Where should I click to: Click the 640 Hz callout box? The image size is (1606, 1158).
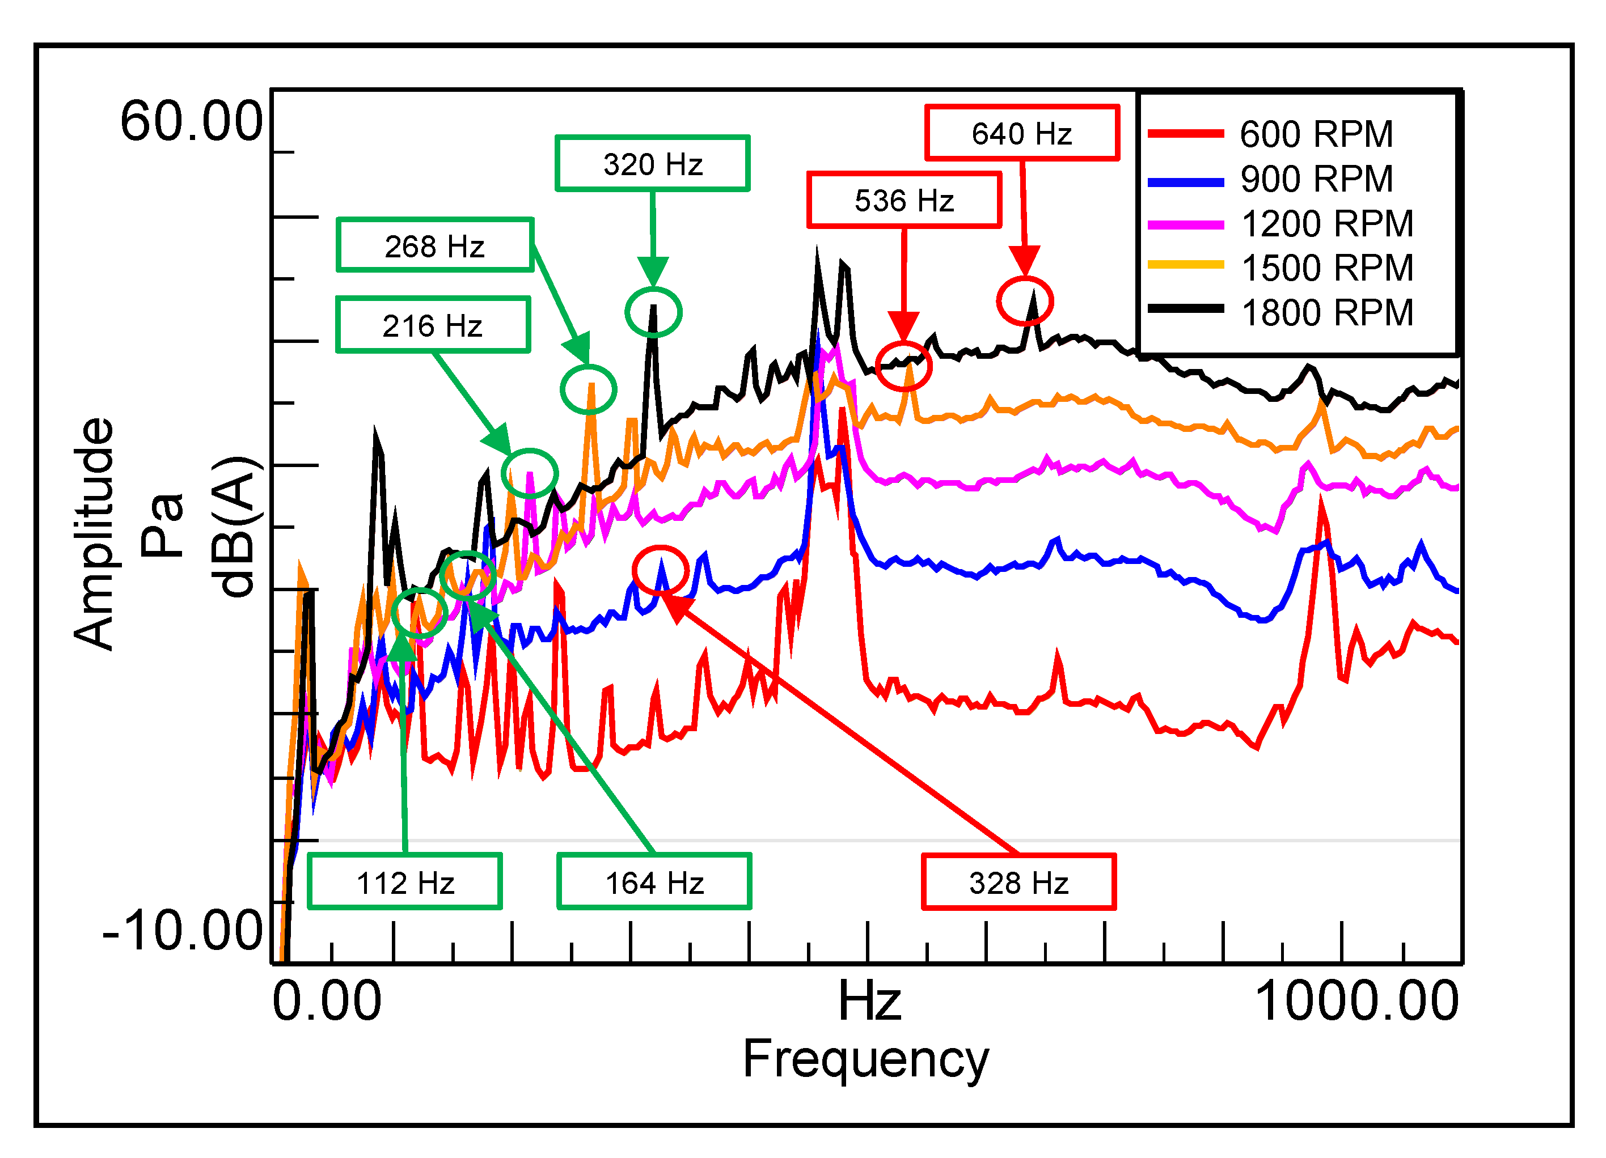pos(1022,133)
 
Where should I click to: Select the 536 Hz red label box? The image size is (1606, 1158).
pos(905,200)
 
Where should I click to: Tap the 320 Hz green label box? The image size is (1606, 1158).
pos(652,163)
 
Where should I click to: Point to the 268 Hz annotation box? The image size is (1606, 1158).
pos(435,245)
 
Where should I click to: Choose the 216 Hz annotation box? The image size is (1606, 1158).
pos(433,325)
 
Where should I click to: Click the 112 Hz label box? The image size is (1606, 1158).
pos(405,882)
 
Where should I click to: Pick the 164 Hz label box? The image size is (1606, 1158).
pos(654,882)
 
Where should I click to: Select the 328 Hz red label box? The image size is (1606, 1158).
pos(1018,882)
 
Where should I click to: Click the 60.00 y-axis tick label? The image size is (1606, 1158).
pos(191,122)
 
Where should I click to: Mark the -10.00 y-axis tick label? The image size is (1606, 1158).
pos(183,930)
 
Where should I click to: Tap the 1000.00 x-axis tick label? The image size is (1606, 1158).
pos(1356,1002)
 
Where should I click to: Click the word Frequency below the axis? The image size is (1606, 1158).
pos(865,1059)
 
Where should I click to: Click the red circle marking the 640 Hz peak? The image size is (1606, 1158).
pos(1025,301)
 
